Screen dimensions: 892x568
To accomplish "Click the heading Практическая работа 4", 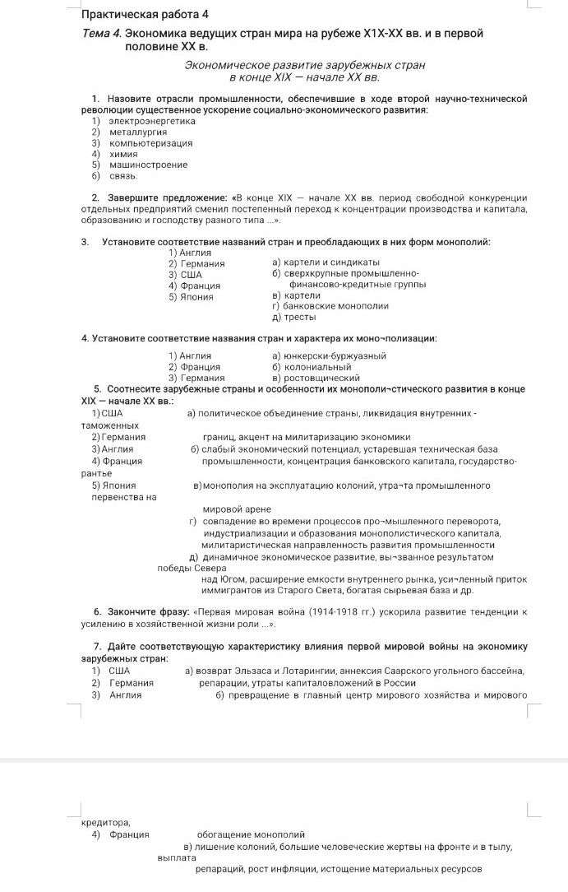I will tap(146, 15).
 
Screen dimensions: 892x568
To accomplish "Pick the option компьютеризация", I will tap(150, 142).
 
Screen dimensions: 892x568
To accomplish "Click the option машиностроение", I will tap(148, 165).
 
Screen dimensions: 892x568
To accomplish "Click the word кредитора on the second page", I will tap(106, 821).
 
